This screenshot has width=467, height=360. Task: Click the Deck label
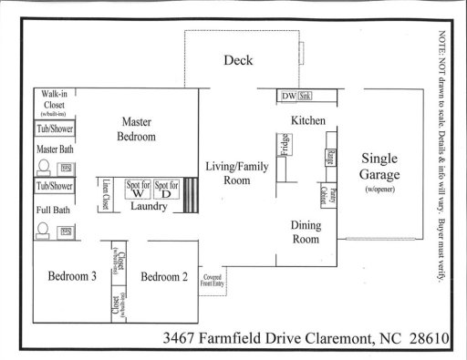[x=238, y=61]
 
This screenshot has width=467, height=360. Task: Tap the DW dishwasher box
[x=287, y=95]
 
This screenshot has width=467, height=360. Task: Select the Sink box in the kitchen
[x=304, y=95]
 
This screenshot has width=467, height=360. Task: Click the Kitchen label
[x=307, y=120]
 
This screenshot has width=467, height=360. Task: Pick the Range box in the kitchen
[x=328, y=157]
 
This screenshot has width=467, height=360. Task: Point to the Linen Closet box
[x=106, y=194]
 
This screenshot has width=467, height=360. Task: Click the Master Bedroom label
[x=138, y=129]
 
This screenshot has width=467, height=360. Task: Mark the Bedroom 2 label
[x=164, y=277]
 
